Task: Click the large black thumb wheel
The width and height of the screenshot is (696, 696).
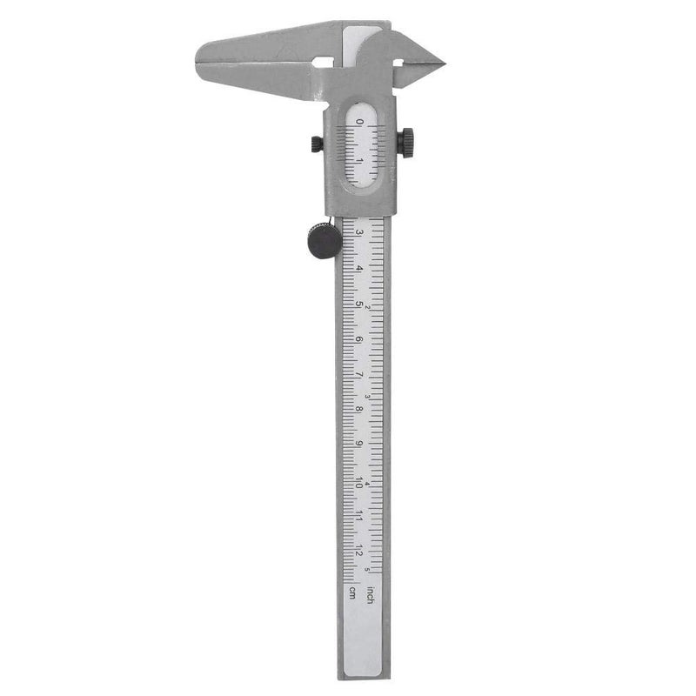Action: tap(322, 240)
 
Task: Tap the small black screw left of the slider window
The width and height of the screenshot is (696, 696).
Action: tap(316, 143)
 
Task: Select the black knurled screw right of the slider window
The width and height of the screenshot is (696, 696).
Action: tap(406, 142)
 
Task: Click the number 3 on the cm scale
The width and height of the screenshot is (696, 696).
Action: tap(359, 232)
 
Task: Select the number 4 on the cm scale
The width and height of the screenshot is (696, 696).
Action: tap(359, 268)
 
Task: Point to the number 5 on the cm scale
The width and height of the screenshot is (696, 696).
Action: tap(359, 304)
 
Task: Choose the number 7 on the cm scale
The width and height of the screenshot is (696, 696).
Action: tap(359, 374)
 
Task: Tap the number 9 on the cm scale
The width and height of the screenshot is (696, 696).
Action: tap(359, 445)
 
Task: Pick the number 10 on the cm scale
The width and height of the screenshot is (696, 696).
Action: tap(358, 480)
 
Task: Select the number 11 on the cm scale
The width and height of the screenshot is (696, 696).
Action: tap(358, 515)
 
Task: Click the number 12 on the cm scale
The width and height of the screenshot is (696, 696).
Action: tap(358, 551)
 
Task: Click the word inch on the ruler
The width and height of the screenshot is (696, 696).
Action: tap(371, 596)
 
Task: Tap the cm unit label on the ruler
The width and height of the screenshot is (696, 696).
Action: tap(352, 593)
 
